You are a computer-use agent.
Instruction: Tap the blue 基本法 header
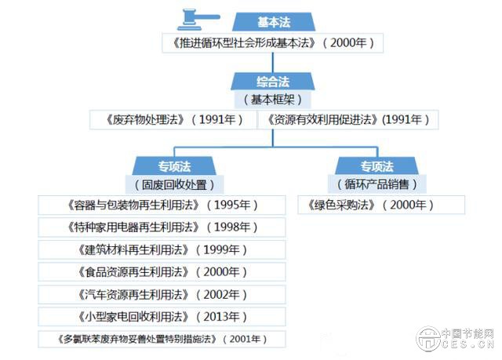(x=273, y=22)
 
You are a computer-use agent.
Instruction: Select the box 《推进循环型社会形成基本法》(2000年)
(x=273, y=42)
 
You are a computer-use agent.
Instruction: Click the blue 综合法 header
(x=273, y=82)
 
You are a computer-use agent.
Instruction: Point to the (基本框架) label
(x=273, y=100)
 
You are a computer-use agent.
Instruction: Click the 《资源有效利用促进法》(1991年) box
(x=349, y=119)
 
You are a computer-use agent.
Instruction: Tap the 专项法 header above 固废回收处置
(x=173, y=166)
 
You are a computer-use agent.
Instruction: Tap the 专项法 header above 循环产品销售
(x=376, y=166)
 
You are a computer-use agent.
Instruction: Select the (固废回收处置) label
(x=173, y=185)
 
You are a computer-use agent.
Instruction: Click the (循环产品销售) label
(x=376, y=185)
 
